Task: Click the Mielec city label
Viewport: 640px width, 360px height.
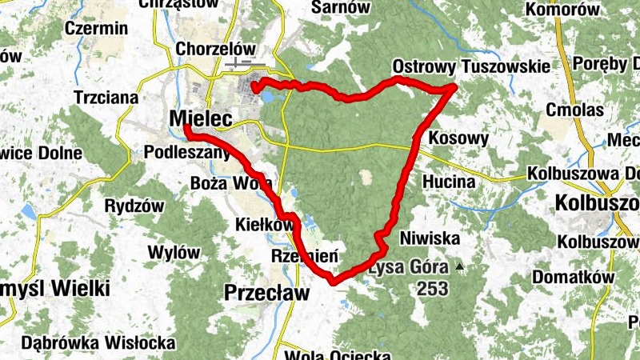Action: (201, 119)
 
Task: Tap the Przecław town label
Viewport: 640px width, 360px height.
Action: (266, 294)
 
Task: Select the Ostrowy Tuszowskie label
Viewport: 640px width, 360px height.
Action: (471, 66)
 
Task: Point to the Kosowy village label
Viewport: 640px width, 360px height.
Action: (458, 138)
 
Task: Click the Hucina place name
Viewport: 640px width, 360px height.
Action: (450, 182)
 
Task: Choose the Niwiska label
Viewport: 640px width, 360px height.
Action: (430, 238)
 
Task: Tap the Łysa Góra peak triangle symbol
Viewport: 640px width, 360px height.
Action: (459, 266)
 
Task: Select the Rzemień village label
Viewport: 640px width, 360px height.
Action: (305, 257)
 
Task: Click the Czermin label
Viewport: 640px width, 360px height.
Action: (98, 28)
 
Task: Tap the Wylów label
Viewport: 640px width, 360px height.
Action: (174, 253)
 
